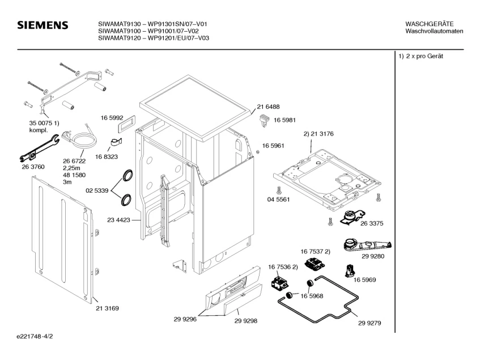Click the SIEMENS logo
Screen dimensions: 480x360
pos(43,25)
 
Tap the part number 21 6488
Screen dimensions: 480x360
pos(268,107)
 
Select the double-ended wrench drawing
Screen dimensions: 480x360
pos(39,148)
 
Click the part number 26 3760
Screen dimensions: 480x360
pos(33,167)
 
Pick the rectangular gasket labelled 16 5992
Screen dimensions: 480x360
pos(126,123)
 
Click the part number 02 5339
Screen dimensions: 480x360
pos(97,190)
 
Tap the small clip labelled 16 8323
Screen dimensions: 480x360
pos(116,143)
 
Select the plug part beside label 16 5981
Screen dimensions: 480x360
pos(264,120)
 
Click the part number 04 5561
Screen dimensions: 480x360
pos(279,200)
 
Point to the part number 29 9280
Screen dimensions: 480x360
pos(373,256)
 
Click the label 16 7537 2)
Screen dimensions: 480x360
pos(315,252)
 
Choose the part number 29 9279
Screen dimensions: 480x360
pos(369,323)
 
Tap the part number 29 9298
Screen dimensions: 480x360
pos(246,321)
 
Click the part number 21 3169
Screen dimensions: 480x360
pos(107,308)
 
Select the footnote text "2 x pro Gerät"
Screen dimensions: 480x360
pos(424,56)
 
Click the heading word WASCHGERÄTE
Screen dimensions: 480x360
pos(430,24)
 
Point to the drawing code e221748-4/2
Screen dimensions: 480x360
pos(35,336)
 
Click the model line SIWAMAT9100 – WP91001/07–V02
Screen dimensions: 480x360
pos(148,31)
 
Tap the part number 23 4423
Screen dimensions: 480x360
pos(119,220)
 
